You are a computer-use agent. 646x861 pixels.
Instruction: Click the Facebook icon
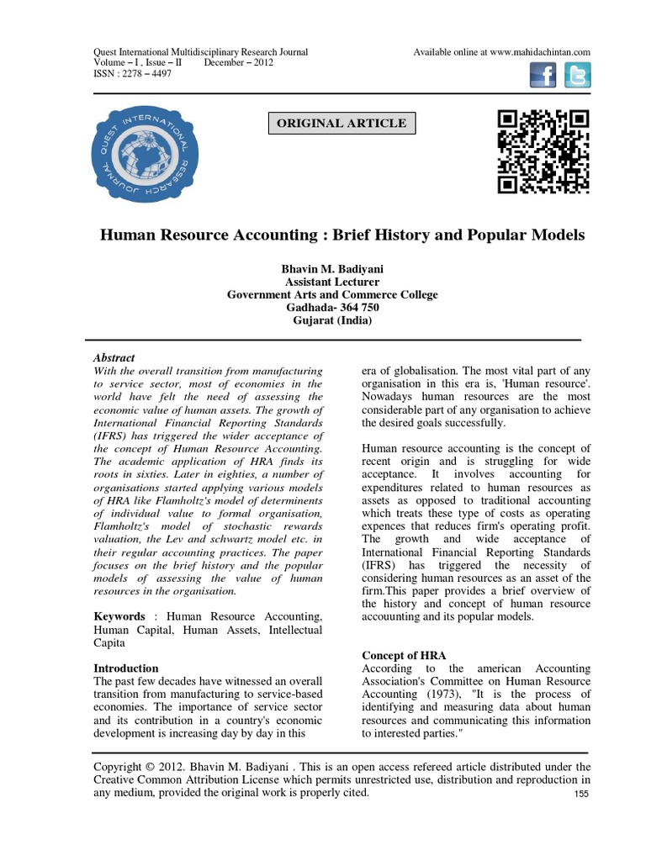tap(543, 77)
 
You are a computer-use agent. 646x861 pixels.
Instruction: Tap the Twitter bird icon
tap(577, 77)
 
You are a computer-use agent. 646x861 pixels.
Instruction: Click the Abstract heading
tap(114, 357)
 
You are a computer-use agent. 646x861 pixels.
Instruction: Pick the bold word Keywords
tap(119, 616)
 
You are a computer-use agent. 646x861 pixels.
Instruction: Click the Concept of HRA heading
tap(404, 655)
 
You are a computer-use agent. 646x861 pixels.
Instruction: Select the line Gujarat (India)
tap(332, 321)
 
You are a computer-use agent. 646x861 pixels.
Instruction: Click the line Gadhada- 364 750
tap(332, 308)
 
